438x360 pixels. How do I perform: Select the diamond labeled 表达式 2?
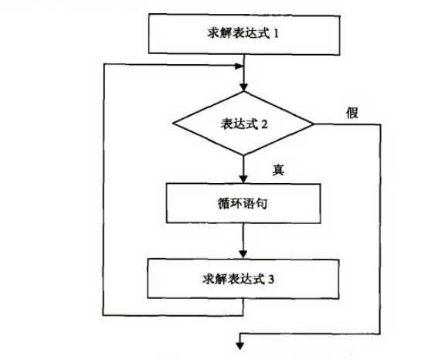point(243,124)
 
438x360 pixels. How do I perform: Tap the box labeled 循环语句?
point(243,204)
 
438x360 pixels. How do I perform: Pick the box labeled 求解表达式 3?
point(243,280)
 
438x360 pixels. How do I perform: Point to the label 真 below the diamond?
point(279,169)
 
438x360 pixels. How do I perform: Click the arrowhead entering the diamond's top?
point(243,87)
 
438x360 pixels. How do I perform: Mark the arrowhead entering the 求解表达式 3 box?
point(243,256)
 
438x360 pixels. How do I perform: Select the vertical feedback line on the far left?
point(104,193)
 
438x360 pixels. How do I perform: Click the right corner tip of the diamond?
point(313,124)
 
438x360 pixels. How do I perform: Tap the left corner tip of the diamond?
point(174,124)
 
